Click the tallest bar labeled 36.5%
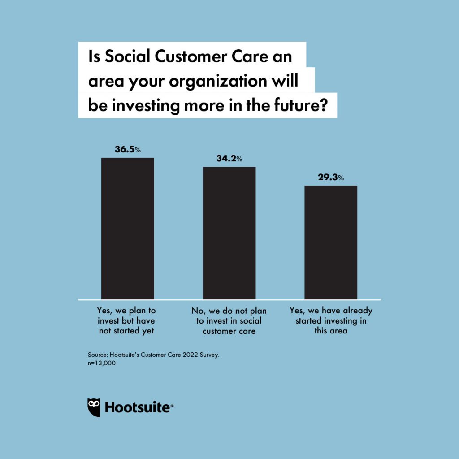click(x=128, y=229)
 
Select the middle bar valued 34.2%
click(x=229, y=233)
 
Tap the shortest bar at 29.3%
click(x=331, y=242)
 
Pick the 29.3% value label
click(x=331, y=178)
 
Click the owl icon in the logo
click(x=94, y=407)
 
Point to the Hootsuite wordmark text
click(x=139, y=408)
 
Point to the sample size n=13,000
click(x=102, y=364)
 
